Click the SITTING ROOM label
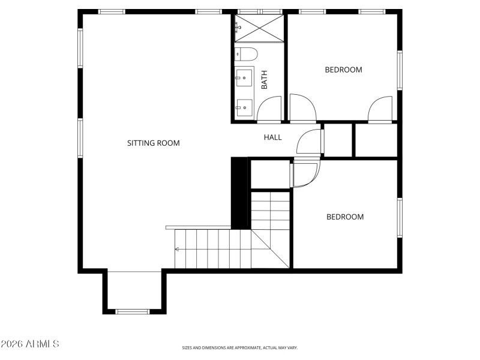[x=153, y=143]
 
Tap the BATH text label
[x=264, y=80]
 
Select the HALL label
[x=272, y=137]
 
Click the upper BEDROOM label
[x=343, y=70]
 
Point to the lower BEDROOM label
[x=344, y=217]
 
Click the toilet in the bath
[x=246, y=54]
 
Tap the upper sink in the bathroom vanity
[x=244, y=77]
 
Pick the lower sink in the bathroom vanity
[x=244, y=108]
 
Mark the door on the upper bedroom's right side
[x=380, y=109]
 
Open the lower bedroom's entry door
[x=306, y=175]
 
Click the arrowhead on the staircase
[x=177, y=249]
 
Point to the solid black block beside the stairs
[x=240, y=192]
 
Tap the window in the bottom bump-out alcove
[x=133, y=311]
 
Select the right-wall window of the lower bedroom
[x=400, y=218]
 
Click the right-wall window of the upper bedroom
[x=400, y=70]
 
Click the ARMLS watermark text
[x=30, y=344]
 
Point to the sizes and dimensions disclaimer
[x=240, y=347]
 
